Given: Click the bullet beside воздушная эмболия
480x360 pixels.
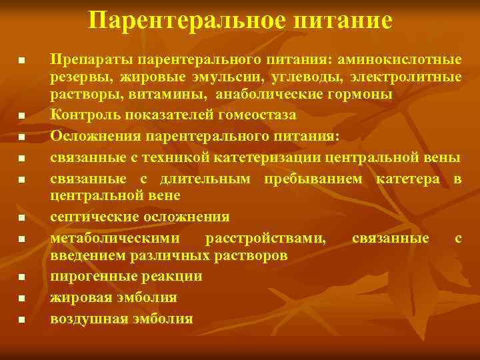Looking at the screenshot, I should (21, 320).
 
